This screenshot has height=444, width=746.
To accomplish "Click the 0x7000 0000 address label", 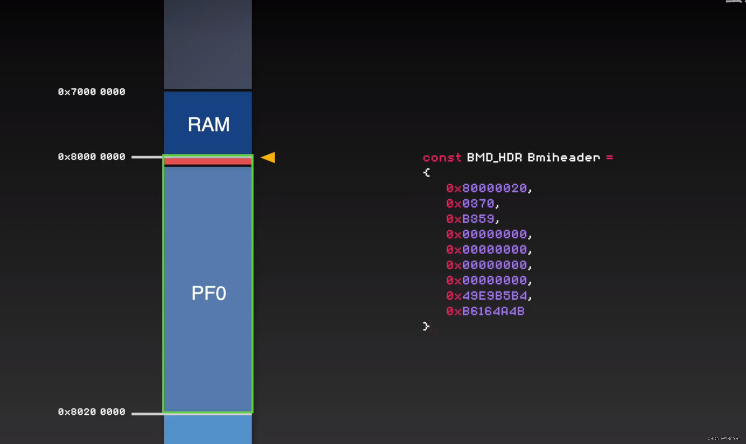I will pos(91,92).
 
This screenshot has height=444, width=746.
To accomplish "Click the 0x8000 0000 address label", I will pos(91,157).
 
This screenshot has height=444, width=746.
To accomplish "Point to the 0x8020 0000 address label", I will pos(91,412).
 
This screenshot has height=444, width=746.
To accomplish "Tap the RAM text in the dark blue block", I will pos(209,125).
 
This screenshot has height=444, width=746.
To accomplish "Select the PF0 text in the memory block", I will pos(209,293).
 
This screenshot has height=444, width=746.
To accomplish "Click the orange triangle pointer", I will pos(269,157).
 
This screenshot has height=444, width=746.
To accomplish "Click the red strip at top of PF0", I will pos(208,161).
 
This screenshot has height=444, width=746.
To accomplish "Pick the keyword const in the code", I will pos(442,157).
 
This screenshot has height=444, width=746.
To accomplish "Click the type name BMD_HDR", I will pos(494,157).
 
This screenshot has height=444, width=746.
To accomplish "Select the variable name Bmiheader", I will pos(564,157).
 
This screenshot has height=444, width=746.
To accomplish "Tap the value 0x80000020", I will pos(486,188).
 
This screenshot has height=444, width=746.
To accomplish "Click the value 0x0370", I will pos(470,203).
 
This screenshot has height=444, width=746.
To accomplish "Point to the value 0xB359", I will pos(470,219).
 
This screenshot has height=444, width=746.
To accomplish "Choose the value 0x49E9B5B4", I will pos(486,296).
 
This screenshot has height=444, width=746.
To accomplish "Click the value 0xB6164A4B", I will pos(485,311).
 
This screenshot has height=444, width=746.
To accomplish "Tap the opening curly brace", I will pos(426,172).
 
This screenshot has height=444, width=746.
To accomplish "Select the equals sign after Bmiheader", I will pos(609,157).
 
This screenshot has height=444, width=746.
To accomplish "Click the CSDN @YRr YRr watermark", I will pos(723,438).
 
